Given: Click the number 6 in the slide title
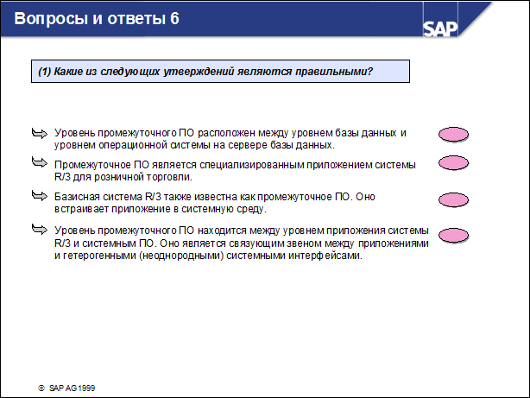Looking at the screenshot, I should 175,18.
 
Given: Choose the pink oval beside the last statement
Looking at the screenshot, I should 454,235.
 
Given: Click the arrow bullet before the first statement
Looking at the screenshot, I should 39,133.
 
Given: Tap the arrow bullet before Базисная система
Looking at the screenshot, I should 39,197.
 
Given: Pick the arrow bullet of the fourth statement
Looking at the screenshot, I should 39,229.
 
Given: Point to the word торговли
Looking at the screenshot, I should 164,176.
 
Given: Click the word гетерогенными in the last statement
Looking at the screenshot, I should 105,256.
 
